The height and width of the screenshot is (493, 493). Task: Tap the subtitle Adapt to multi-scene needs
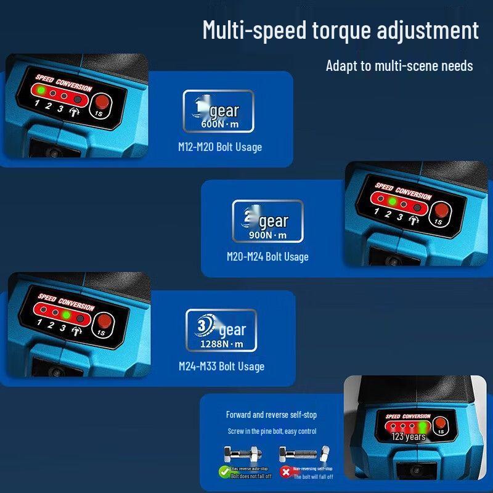(399, 66)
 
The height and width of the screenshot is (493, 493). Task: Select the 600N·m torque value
(219, 123)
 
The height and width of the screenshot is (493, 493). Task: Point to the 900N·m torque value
(267, 234)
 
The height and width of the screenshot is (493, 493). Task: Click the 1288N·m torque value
(221, 344)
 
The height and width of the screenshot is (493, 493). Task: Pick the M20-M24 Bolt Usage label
(267, 256)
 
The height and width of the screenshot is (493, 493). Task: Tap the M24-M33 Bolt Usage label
(221, 366)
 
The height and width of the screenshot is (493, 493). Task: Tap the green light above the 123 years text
(423, 427)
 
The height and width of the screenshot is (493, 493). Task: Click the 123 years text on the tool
(409, 437)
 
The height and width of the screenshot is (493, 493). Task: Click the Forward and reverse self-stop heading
(271, 415)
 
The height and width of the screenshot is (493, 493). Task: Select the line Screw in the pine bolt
(272, 431)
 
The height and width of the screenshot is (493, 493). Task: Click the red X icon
(285, 472)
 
